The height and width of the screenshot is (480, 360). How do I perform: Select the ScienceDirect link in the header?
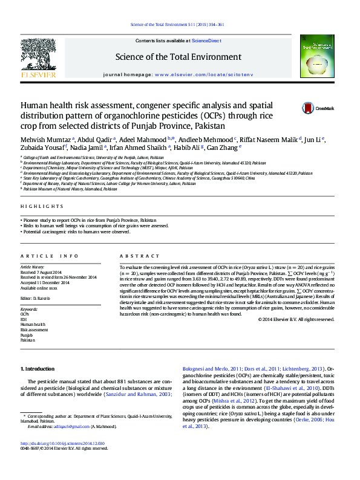(206, 41)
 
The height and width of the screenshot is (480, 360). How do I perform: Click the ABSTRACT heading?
(131, 256)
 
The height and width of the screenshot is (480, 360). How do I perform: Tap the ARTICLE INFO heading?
(50, 256)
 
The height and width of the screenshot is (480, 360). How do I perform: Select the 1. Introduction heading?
(38, 369)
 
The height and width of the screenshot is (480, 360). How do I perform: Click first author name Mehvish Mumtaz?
(46, 139)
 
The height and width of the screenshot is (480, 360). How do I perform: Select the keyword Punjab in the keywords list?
(26, 334)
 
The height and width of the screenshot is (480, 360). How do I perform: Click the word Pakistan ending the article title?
(209, 126)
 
